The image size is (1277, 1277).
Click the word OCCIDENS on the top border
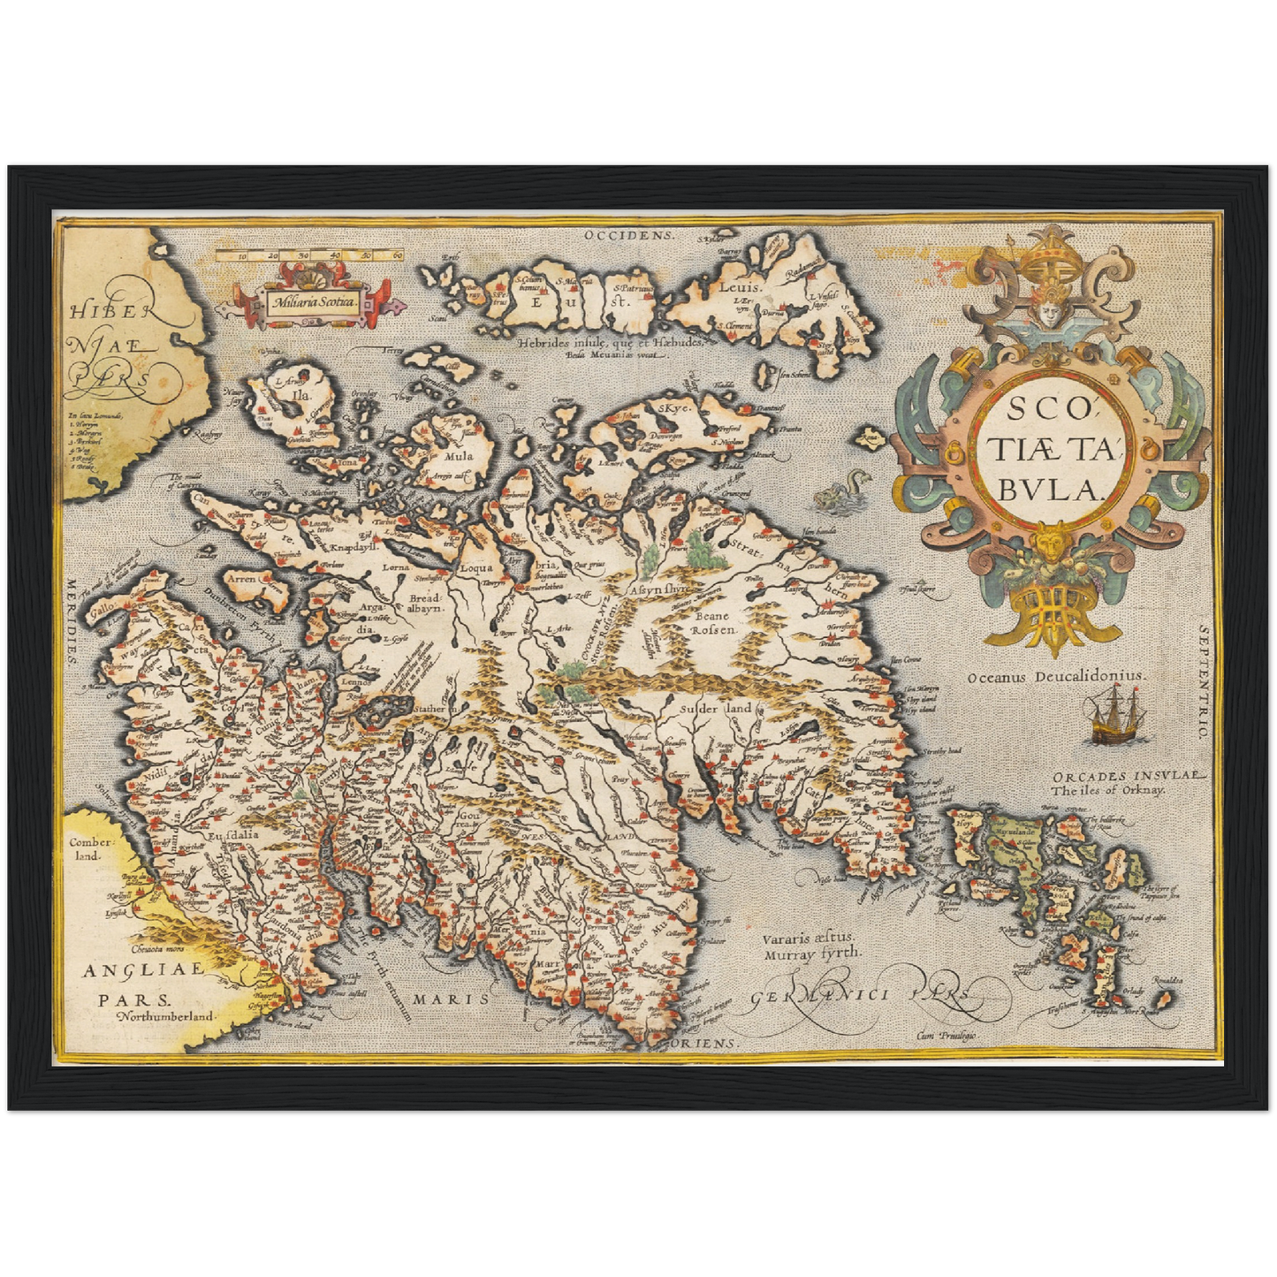pyautogui.click(x=629, y=236)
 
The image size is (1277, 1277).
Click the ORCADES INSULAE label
pyautogui.click(x=1125, y=776)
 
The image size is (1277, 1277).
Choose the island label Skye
pyautogui.click(x=672, y=407)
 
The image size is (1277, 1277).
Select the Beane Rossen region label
pyautogui.click(x=711, y=623)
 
